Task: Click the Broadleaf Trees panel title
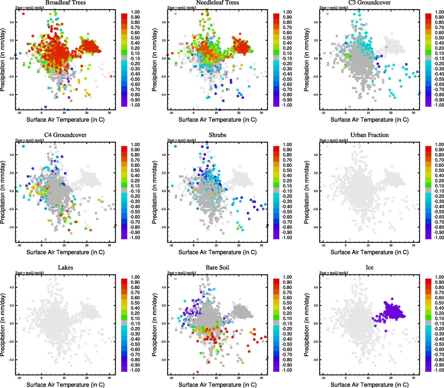(65, 3)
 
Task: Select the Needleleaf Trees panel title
(217, 3)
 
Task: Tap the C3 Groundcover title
(369, 3)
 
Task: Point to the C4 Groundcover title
(65, 135)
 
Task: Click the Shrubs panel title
(217, 135)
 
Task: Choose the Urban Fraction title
(369, 135)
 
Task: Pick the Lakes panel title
(65, 267)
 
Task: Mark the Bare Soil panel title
(217, 267)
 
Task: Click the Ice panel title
(369, 267)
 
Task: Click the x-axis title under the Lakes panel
(65, 384)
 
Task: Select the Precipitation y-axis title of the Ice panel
(307, 325)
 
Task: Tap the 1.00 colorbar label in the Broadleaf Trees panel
(135, 12)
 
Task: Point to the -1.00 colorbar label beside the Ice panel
(439, 370)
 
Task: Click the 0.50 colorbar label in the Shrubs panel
(287, 170)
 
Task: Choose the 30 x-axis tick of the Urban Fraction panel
(414, 245)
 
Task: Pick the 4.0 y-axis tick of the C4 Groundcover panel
(12, 155)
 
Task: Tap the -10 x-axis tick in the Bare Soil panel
(171, 378)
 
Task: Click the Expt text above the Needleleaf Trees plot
(181, 8)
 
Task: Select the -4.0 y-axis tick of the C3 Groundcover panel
(316, 95)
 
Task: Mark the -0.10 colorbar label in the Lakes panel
(135, 323)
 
